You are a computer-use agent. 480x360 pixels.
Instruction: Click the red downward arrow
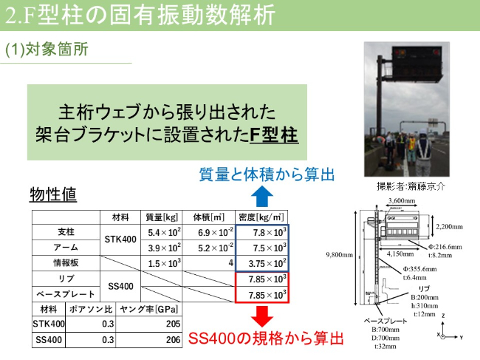pos(262,316)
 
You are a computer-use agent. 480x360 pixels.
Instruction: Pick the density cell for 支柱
pos(262,232)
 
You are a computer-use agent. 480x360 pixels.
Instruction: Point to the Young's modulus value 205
pos(173,325)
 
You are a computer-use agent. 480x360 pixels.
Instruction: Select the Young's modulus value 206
pos(173,340)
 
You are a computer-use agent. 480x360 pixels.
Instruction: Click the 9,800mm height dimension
pos(340,255)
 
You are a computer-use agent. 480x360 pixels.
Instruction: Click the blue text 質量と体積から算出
pos(267,174)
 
